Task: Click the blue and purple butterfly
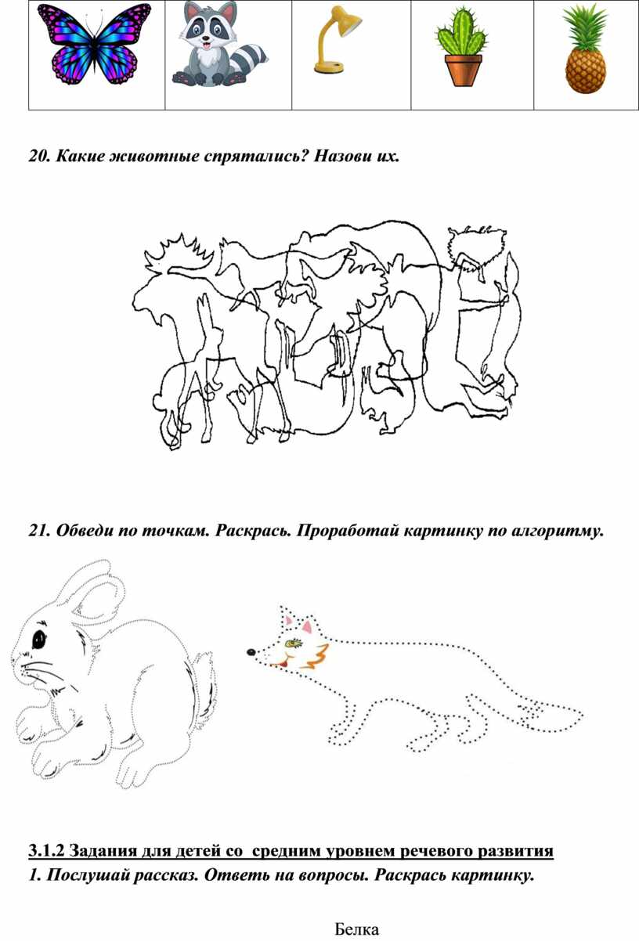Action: click(94, 44)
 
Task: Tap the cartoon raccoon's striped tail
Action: click(250, 59)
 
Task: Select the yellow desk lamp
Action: click(336, 40)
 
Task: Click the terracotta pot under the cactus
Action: click(464, 70)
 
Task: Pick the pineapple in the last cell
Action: click(586, 49)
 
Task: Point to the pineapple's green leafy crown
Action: click(586, 27)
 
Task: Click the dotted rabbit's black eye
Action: click(38, 640)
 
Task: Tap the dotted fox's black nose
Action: click(251, 652)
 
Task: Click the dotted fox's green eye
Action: click(293, 642)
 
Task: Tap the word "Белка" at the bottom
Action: click(356, 929)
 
